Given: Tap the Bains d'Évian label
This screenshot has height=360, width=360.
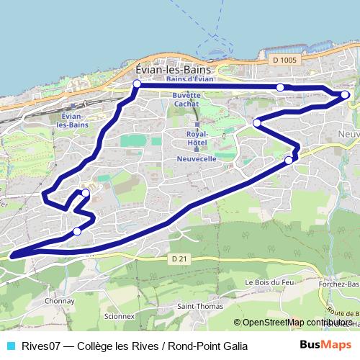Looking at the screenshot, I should (189, 79).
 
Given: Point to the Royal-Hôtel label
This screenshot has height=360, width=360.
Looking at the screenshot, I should (197, 138).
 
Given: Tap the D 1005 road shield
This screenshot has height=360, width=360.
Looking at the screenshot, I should (285, 60).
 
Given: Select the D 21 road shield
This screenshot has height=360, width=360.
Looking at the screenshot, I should (179, 258).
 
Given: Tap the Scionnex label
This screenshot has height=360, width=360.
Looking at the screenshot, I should (119, 315).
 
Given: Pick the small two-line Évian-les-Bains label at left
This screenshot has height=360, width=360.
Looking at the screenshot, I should (73, 120).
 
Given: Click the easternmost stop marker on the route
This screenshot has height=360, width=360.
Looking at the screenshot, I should (345, 94).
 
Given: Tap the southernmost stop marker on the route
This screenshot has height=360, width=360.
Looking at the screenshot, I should (77, 232).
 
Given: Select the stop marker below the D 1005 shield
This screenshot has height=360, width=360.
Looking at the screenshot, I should (281, 87).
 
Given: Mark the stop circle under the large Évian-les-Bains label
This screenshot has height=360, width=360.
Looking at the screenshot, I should (137, 84).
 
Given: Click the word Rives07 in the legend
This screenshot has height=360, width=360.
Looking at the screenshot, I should (35, 346).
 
